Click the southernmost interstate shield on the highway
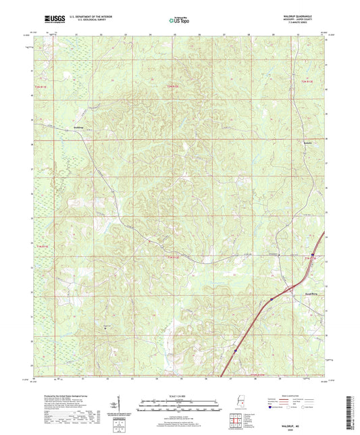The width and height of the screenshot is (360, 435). (234, 350)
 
